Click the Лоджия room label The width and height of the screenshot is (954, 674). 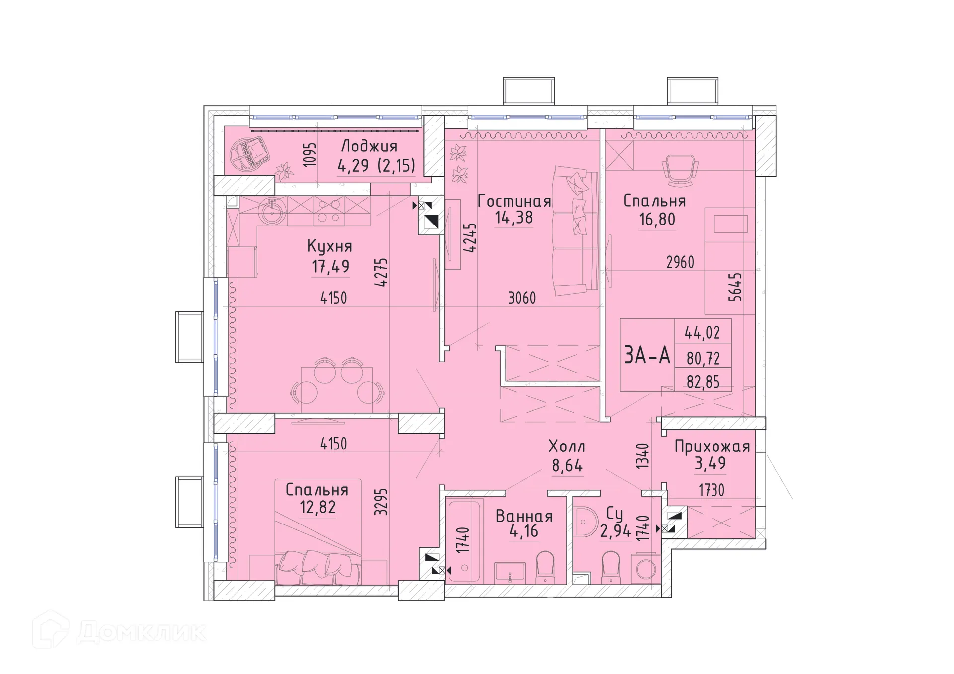tap(369, 147)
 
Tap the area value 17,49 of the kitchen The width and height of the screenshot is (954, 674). tap(330, 267)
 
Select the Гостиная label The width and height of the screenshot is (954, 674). tap(514, 201)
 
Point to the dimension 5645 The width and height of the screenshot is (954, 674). tap(735, 287)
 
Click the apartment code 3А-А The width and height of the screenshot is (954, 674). tap(646, 356)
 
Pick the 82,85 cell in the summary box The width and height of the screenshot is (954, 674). tap(703, 381)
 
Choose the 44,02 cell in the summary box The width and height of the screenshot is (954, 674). tap(703, 332)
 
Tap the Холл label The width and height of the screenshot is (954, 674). tap(566, 446)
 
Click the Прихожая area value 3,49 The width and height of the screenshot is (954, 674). tap(710, 463)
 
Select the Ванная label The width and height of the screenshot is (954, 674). tap(524, 516)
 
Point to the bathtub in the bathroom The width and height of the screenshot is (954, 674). tap(464, 541)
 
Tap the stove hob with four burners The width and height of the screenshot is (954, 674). tap(328, 211)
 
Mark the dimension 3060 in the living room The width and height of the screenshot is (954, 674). tap(522, 298)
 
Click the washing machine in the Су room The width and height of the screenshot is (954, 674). tap(645, 569)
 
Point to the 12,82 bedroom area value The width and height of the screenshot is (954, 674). tap(318, 507)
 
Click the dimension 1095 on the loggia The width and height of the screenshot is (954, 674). tap(309, 154)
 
